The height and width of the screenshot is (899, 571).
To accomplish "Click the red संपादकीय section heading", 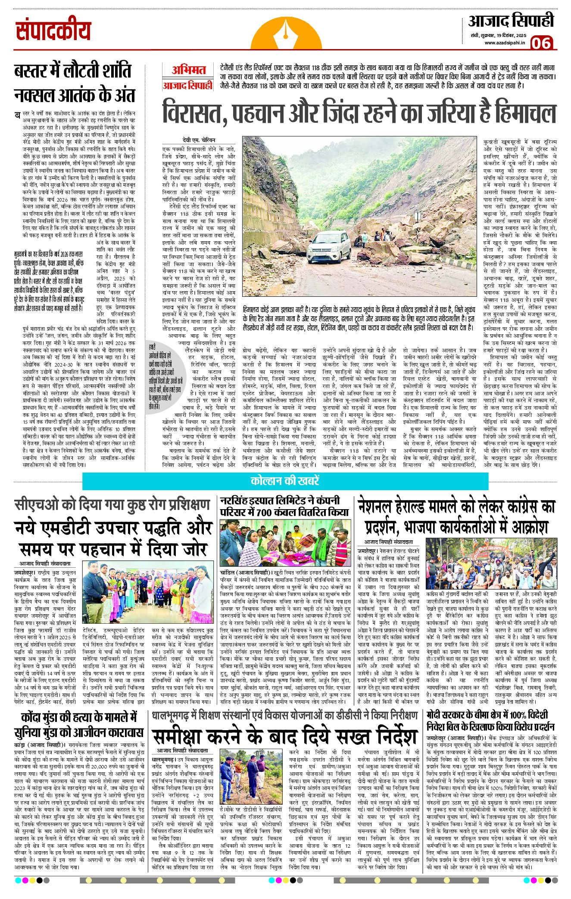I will click(53, 31).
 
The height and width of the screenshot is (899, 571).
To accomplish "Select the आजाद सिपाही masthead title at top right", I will click(511, 21).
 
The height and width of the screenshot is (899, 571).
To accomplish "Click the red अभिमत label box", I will click(188, 70).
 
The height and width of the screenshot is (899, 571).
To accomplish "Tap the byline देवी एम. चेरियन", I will click(198, 140).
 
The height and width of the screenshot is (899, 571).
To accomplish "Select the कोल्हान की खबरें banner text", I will click(285, 481).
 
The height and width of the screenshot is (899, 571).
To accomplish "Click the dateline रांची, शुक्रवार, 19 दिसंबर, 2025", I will click(499, 34).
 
